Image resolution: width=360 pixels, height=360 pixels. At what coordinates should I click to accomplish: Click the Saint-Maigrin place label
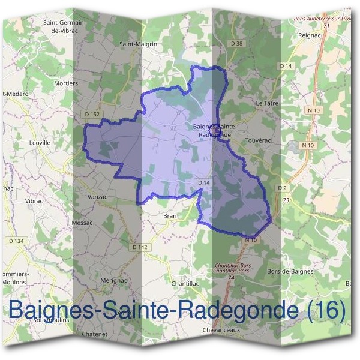click(x=138, y=44)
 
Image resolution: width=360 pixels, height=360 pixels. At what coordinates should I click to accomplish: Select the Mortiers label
click(x=66, y=83)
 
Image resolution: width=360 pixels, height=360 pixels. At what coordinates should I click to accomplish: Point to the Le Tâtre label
click(x=268, y=103)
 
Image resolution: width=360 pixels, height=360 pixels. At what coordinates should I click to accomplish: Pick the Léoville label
click(x=40, y=143)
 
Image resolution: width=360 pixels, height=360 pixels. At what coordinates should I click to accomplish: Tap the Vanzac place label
click(x=98, y=196)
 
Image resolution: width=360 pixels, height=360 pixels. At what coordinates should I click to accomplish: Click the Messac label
click(x=82, y=223)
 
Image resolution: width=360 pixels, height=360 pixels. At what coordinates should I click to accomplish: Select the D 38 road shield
click(x=238, y=43)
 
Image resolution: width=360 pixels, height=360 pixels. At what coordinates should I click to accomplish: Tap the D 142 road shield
click(x=139, y=247)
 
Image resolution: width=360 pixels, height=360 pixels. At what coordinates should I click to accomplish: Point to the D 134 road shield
click(x=16, y=241)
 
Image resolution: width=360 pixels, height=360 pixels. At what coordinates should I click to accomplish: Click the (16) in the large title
click(x=326, y=310)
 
